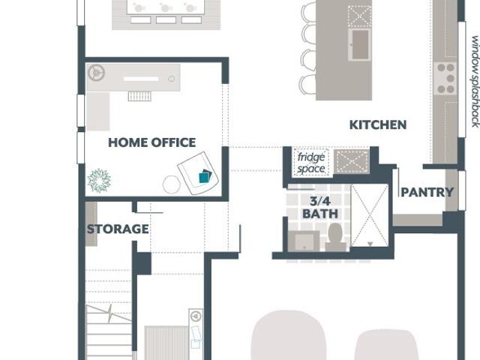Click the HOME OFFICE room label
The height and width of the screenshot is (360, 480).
[x=152, y=142]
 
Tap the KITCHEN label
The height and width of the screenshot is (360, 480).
[x=378, y=125]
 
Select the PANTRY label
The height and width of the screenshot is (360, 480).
[x=427, y=192]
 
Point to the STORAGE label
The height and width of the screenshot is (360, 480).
[x=118, y=229]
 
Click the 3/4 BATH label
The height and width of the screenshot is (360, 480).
[x=320, y=208]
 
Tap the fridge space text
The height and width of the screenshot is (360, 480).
[x=311, y=163]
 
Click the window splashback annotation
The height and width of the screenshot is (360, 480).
[x=475, y=82]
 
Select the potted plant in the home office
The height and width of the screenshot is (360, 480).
[x=99, y=181]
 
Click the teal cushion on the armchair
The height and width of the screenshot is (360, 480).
[x=205, y=177]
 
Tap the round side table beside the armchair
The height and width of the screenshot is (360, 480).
[x=172, y=184]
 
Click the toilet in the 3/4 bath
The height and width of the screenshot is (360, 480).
[x=335, y=237]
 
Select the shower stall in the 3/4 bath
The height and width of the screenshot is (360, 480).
[x=370, y=215]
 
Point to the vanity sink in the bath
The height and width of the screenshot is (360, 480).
[x=304, y=241]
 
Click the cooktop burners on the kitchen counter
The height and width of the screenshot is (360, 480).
[x=445, y=78]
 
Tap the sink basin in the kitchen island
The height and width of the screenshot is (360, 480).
[x=360, y=45]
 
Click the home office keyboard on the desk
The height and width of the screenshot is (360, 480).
[x=141, y=79]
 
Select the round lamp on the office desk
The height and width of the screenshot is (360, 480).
[x=97, y=73]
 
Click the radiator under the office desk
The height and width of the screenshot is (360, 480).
[x=139, y=96]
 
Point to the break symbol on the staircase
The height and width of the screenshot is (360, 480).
[x=110, y=313]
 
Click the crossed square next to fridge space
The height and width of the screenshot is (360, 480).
[x=352, y=162]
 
